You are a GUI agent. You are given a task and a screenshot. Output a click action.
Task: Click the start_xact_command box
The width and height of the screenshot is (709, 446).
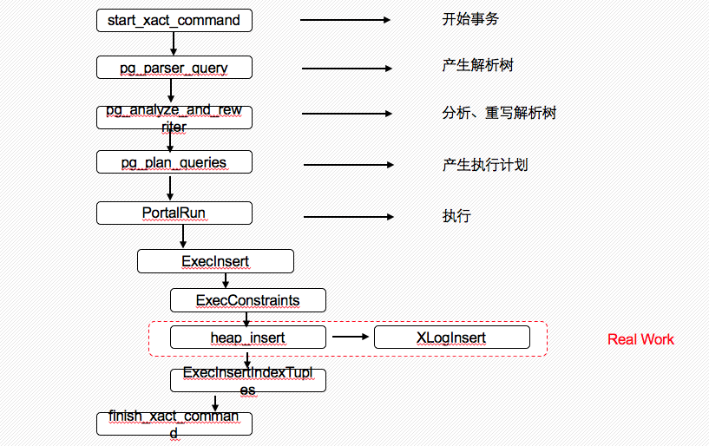[174, 20]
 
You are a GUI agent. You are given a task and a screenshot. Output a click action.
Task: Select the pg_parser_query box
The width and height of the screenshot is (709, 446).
[174, 67]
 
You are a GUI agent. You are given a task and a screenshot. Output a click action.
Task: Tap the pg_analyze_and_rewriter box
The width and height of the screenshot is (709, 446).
[174, 117]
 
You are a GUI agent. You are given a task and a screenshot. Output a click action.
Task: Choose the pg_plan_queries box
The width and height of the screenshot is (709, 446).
[174, 162]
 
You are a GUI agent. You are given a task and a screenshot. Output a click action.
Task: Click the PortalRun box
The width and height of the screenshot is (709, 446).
[174, 213]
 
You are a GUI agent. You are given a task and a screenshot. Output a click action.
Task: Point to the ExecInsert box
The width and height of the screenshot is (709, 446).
[215, 260]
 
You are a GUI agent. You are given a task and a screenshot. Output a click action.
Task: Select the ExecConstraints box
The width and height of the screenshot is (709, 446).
[247, 301]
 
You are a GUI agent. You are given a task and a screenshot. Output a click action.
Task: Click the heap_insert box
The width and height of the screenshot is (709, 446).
[247, 338]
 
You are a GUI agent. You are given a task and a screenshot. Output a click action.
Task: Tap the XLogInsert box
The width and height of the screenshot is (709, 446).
[451, 338]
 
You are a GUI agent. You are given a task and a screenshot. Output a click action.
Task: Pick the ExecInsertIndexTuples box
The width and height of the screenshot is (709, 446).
[247, 379]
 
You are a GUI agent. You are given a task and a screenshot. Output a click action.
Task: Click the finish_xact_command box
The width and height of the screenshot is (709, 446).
[174, 423]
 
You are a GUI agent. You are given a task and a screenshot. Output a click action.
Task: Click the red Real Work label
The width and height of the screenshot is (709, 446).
[640, 339]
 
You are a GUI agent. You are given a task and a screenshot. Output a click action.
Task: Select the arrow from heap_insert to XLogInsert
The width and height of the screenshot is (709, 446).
[350, 338]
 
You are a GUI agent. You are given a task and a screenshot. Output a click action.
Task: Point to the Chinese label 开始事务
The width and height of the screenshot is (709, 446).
[470, 19]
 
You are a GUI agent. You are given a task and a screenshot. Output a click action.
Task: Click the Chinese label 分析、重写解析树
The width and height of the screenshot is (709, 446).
[499, 114]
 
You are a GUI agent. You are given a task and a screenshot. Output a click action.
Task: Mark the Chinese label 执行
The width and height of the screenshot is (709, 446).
[456, 216]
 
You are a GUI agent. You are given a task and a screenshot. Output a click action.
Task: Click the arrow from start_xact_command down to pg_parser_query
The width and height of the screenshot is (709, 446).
[174, 43]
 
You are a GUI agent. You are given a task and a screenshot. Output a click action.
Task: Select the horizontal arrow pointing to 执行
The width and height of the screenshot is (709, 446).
[348, 217]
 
